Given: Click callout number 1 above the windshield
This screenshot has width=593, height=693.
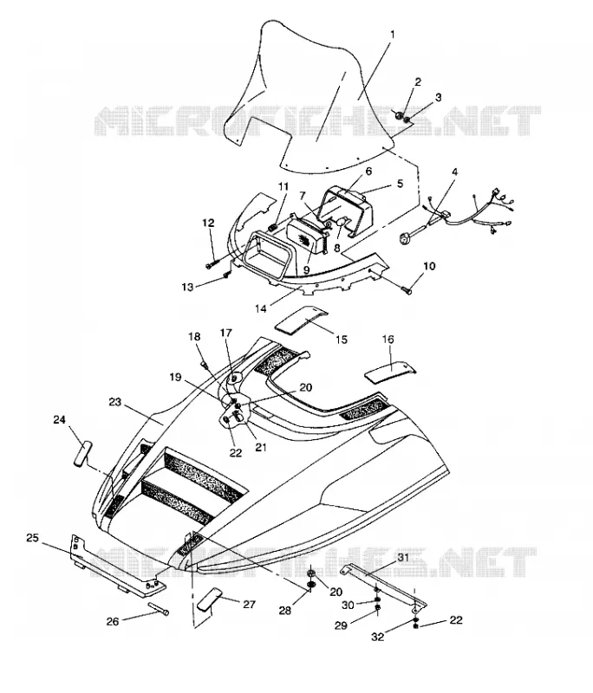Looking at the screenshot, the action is click(393, 35).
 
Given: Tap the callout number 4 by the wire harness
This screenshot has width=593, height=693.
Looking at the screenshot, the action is click(454, 171).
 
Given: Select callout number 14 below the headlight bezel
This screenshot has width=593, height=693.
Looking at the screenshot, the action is click(261, 308).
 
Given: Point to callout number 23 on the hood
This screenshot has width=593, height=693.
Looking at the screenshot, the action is click(114, 402).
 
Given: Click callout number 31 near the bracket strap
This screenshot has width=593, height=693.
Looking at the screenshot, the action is click(403, 557).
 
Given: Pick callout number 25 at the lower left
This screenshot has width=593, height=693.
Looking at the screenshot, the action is click(32, 538).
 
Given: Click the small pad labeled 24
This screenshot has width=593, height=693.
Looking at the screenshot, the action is click(83, 452).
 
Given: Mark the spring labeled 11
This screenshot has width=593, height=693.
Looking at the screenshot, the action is click(273, 228).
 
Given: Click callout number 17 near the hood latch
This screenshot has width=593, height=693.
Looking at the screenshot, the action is click(226, 334).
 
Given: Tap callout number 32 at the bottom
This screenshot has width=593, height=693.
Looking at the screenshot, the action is click(378, 637).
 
